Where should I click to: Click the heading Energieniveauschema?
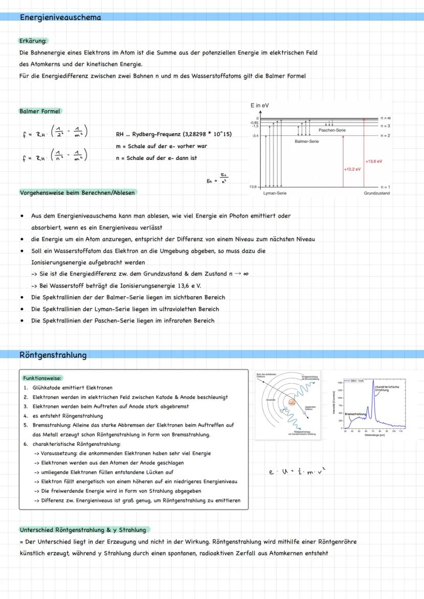(60, 17)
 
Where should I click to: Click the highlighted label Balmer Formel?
(39, 111)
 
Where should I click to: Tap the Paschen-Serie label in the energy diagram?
(332, 130)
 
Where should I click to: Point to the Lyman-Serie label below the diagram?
(274, 194)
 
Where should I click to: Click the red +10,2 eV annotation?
(352, 168)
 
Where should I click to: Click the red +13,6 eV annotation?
(374, 161)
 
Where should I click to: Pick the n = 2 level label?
(385, 135)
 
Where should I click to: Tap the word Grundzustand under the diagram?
(377, 194)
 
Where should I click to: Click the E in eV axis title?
(260, 105)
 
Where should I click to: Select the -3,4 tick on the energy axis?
(255, 136)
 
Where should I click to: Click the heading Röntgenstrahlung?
(53, 355)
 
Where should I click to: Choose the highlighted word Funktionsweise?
(42, 378)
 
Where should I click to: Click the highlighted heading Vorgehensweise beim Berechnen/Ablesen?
(78, 193)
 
